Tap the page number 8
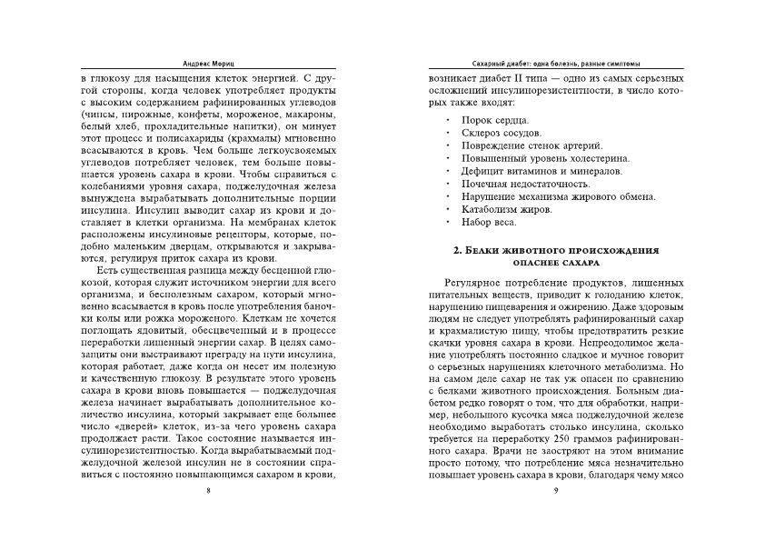[x=210, y=491]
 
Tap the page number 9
[x=555, y=491]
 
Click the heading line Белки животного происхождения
[x=556, y=249]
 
